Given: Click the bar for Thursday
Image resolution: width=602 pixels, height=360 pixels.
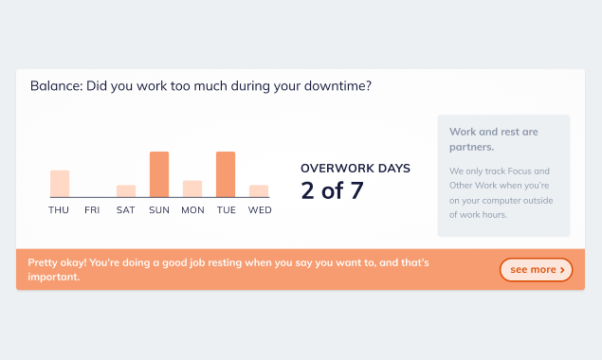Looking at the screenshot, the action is pos(60,184).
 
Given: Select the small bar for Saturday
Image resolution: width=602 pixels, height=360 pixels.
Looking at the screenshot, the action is pos(126,191).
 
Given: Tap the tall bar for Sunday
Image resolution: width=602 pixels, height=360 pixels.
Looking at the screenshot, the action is pos(159,174).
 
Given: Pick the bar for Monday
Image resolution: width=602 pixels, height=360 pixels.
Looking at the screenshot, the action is pos(192,189).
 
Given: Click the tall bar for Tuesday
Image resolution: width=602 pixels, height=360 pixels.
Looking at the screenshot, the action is pos(226,174).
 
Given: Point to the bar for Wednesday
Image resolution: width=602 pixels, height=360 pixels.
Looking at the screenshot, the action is pos(259,191).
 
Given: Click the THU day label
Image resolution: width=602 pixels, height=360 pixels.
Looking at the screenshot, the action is pos(59,210).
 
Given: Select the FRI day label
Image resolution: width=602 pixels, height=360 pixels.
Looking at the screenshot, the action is pos(92,210).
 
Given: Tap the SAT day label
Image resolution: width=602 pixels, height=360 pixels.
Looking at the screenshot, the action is pos(125,210).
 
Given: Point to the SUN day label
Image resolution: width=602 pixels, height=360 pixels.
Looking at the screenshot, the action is pos(159,210).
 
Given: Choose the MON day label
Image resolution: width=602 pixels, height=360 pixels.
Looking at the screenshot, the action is pos(192,210).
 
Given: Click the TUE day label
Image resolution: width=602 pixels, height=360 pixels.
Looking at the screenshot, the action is pos(227,210).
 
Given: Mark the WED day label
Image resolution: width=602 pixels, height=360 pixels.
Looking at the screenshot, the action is pos(260,210).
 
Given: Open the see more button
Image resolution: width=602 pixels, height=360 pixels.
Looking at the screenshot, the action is pos(536,269).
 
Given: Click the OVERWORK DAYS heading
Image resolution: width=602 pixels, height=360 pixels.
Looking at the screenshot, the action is pos(356,168).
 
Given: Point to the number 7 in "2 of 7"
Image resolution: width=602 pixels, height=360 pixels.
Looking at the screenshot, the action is pos(356,190).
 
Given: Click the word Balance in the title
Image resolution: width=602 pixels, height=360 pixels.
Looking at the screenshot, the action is pos(57,85).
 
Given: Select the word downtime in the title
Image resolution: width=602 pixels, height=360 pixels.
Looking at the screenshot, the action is pos(337,85).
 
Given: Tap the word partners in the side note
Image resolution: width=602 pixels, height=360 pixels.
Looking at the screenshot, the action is pos(472,147).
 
